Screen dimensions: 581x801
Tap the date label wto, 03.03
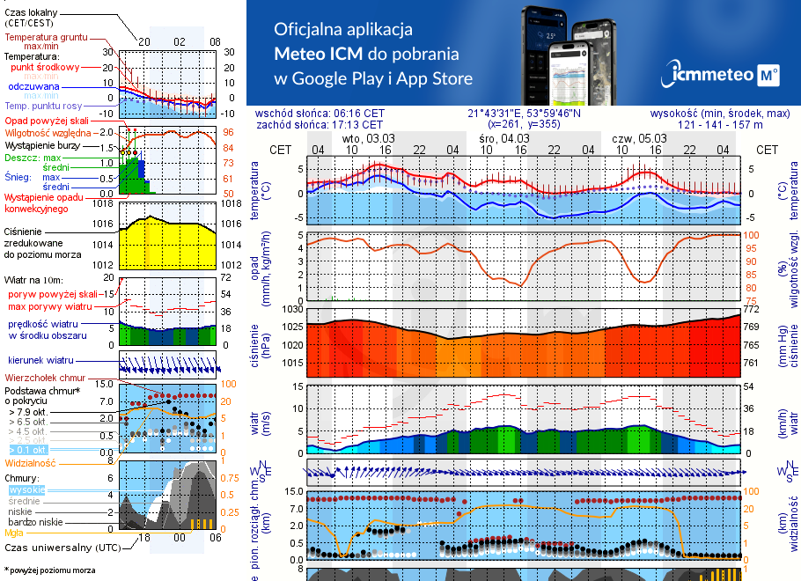click(368, 138)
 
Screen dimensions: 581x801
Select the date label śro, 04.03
click(504, 138)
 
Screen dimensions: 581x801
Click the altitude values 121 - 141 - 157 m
click(721, 125)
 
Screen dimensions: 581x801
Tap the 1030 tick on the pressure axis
click(291, 310)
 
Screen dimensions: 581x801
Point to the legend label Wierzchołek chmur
click(44, 377)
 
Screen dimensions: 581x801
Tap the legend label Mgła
click(14, 533)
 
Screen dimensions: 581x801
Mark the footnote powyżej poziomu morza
click(52, 570)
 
